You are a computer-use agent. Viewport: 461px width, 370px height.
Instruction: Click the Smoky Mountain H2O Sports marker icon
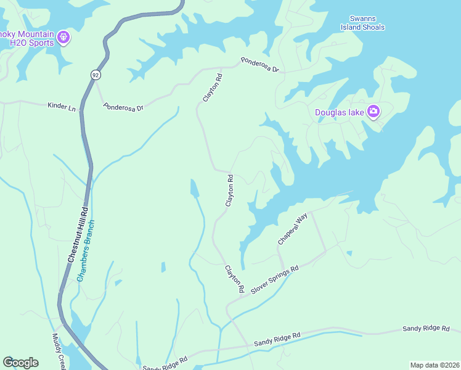tap(63, 38)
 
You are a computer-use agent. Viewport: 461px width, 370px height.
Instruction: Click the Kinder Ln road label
tap(62, 107)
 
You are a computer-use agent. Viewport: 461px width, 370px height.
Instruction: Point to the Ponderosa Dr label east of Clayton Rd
tap(259, 65)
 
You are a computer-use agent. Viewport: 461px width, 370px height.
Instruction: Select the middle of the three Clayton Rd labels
tap(230, 191)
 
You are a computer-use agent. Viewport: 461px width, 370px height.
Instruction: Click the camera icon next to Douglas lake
tap(373, 112)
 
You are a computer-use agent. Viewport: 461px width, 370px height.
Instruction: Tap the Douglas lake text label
tap(339, 112)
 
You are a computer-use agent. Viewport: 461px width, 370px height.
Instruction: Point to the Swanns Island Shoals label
tap(364, 23)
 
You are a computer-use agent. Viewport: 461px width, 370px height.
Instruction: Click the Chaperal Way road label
tap(292, 229)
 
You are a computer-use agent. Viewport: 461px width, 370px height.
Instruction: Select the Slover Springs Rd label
tap(274, 280)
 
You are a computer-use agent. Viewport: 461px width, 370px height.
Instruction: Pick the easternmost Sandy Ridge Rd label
tap(426, 329)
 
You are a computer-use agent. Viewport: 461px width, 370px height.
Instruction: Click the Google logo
tap(20, 363)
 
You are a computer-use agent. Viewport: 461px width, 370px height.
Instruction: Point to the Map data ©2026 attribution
tap(434, 365)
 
